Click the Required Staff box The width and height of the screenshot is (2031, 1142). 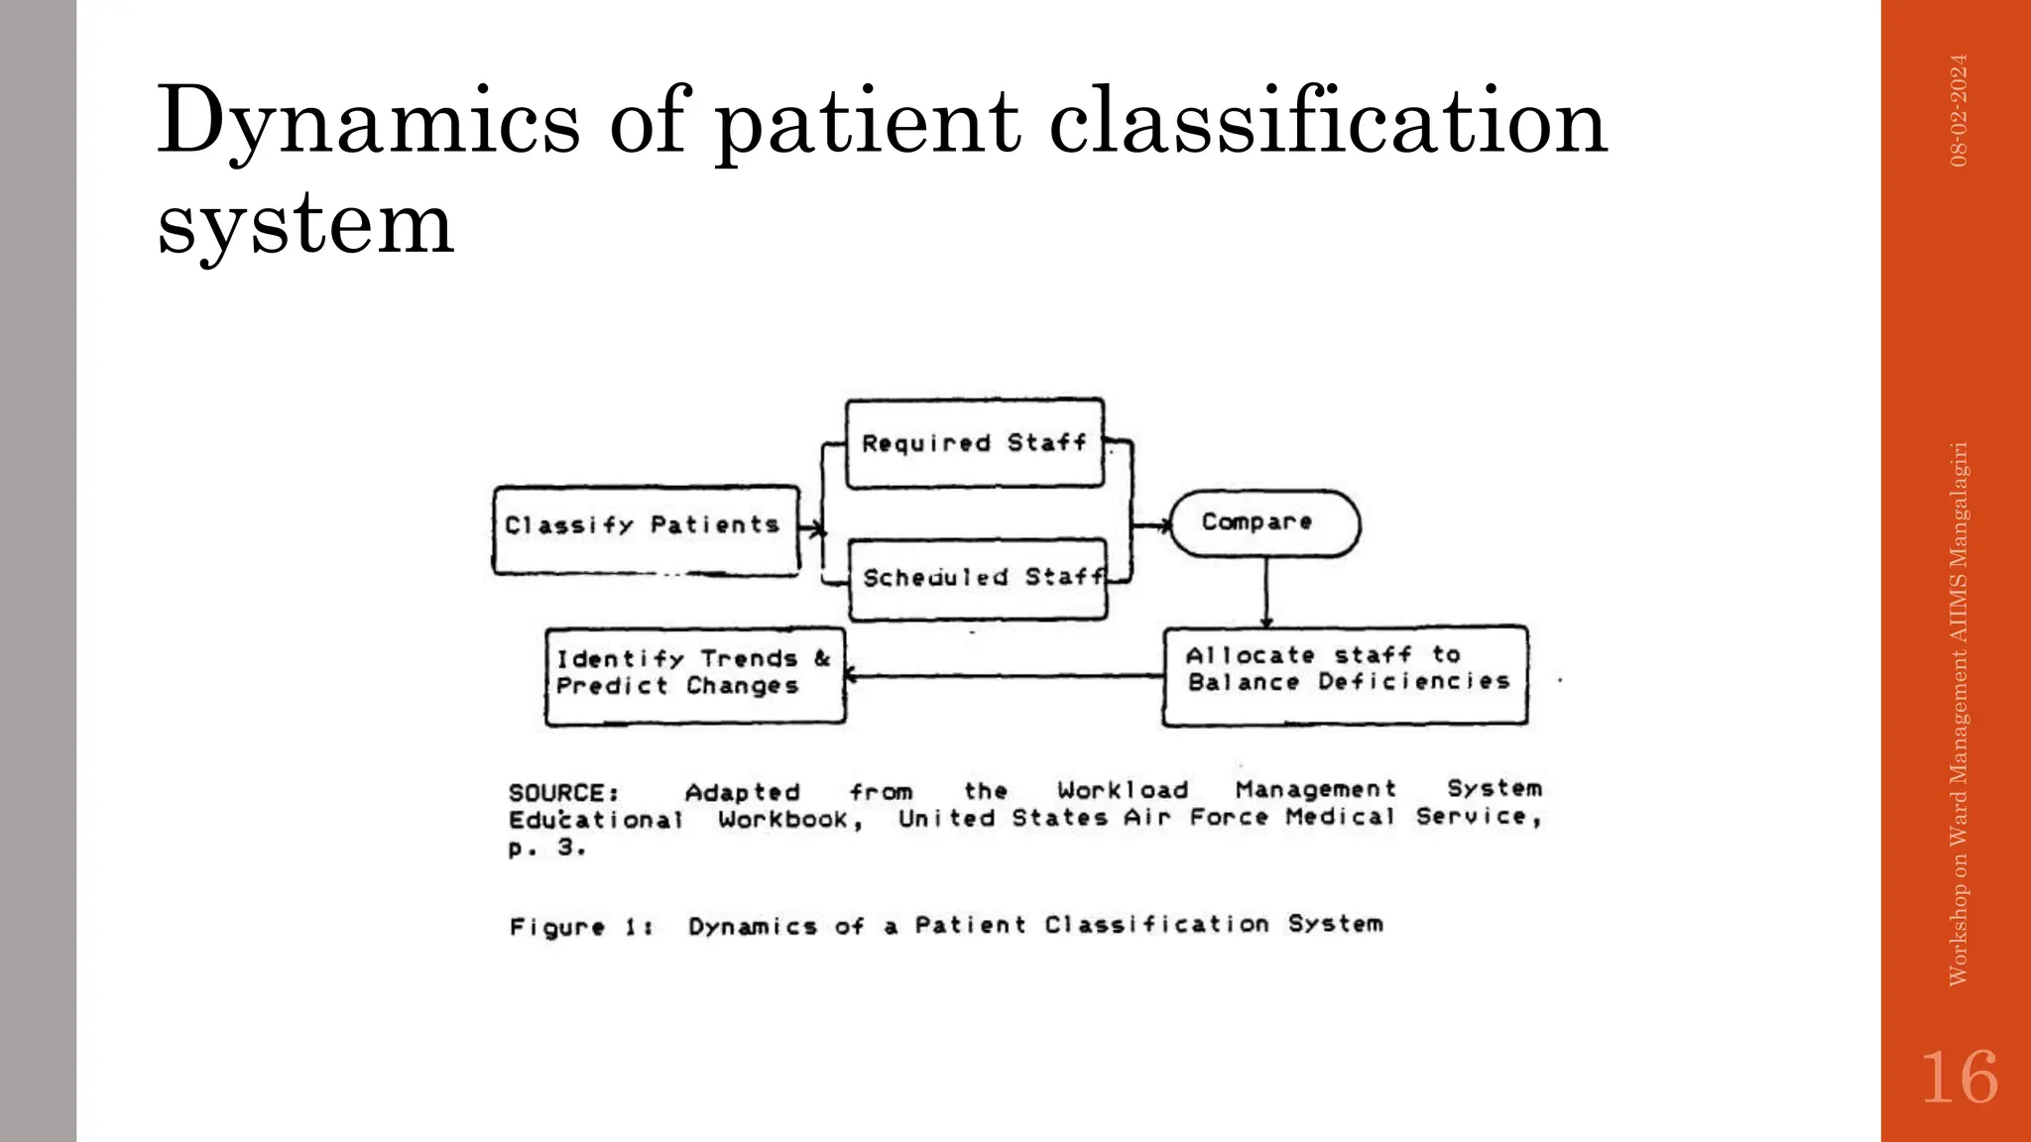pos(975,443)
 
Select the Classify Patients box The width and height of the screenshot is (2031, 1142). pos(646,529)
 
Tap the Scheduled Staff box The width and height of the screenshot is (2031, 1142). pos(978,579)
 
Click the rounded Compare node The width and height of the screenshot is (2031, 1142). pos(1264,522)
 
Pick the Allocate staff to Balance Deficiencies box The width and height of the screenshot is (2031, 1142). pos(1345,674)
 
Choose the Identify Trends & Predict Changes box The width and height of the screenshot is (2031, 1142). pos(694,676)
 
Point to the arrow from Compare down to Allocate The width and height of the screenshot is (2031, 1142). pos(1266,592)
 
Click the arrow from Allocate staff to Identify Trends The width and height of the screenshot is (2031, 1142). pos(1002,676)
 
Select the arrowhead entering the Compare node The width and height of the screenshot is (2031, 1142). pos(1162,525)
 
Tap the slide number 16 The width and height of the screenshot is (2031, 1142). pos(1959,1078)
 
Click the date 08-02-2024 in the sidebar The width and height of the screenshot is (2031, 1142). pos(1959,110)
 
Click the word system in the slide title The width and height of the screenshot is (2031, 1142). pos(305,224)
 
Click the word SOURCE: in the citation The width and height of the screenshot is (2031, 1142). pos(563,793)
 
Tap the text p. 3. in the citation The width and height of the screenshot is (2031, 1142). pos(546,848)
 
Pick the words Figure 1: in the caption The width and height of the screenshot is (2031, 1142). pos(580,927)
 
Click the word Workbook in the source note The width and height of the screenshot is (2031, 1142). pos(788,820)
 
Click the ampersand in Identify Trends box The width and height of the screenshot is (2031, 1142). pos(822,658)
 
